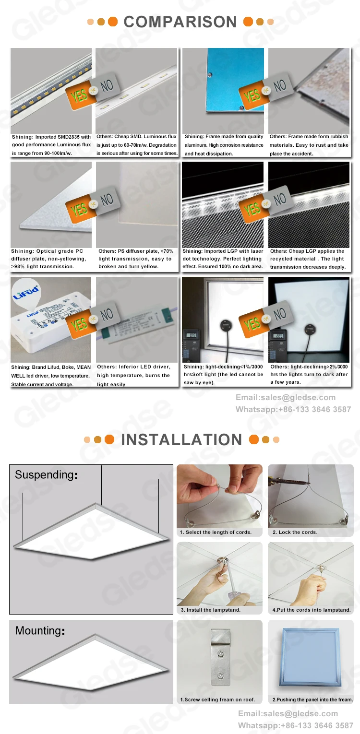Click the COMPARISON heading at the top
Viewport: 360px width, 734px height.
[x=180, y=22]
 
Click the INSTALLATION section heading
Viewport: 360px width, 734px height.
[x=181, y=439]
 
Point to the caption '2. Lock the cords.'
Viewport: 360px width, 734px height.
[x=295, y=532]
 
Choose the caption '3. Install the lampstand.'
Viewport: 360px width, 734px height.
[x=210, y=610]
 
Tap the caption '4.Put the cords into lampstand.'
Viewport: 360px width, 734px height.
[x=311, y=610]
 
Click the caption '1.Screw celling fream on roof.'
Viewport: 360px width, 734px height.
[x=217, y=699]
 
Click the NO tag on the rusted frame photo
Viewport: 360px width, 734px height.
[x=279, y=87]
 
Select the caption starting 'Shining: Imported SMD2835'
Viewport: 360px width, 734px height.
[x=51, y=145]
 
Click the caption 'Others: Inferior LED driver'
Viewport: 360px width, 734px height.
[x=133, y=375]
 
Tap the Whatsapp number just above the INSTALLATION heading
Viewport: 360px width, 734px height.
[x=293, y=409]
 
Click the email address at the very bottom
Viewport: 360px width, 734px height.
[x=288, y=713]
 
